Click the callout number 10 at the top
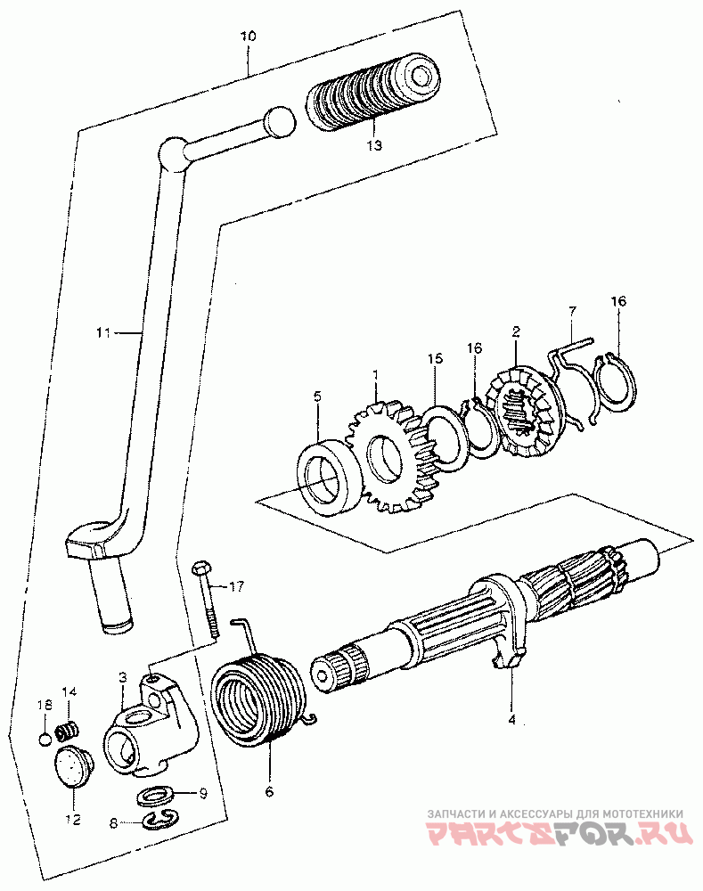click(x=248, y=37)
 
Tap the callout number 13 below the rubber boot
click(x=373, y=144)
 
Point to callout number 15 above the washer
click(x=434, y=358)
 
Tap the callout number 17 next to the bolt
click(x=235, y=586)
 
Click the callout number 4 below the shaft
click(x=511, y=717)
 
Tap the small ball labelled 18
click(x=45, y=738)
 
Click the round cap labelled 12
click(x=71, y=769)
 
